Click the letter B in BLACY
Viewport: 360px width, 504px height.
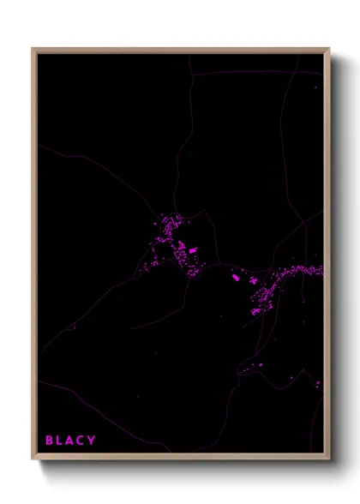50,441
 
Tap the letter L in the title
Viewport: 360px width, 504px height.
60,441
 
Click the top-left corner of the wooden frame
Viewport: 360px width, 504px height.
33,49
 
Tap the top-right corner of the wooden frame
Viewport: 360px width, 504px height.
329,49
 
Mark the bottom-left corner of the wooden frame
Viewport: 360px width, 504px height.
33,459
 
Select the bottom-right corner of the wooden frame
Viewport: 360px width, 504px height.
329,459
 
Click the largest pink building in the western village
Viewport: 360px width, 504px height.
194,250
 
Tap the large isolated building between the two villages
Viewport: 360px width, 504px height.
236,278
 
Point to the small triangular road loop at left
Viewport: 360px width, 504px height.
73,325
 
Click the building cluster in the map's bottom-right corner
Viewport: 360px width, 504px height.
318,383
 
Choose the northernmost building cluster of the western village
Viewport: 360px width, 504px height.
164,221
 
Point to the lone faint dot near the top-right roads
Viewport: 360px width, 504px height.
316,86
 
